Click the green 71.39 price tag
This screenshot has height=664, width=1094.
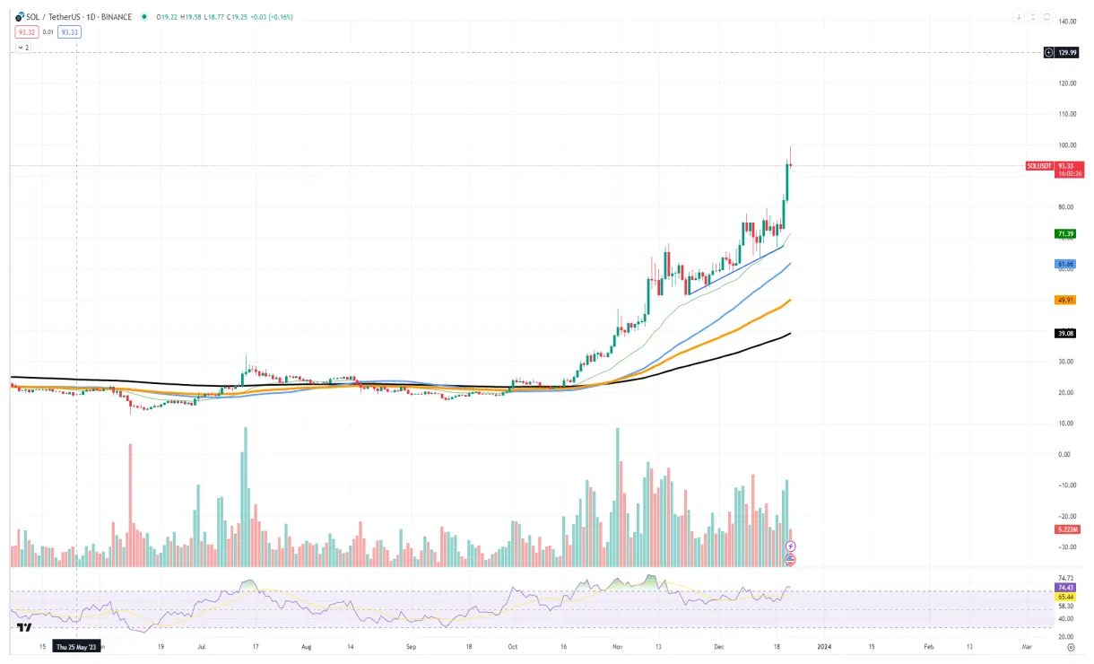pos(1066,233)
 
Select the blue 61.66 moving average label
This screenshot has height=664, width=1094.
pos(1065,264)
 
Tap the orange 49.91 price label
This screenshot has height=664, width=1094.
pos(1066,300)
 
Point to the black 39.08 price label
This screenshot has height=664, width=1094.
pos(1066,333)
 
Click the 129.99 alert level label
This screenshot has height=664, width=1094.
pos(1067,53)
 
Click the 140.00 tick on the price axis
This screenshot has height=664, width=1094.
pos(1067,21)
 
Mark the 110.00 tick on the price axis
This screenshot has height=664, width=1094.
pos(1067,114)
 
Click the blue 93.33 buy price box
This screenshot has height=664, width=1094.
pos(69,32)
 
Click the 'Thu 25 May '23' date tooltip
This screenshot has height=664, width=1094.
pos(77,646)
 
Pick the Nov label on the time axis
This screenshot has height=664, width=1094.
pos(618,646)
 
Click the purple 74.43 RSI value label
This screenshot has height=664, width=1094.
pos(1066,587)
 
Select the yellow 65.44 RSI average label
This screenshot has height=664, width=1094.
pos(1066,597)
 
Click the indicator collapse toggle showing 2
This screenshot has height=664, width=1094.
pos(23,47)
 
